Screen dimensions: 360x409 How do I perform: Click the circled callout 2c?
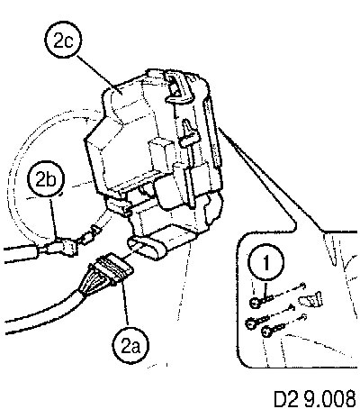(x=63, y=41)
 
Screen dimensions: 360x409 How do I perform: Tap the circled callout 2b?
(x=46, y=181)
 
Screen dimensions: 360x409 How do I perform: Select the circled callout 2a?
(x=131, y=347)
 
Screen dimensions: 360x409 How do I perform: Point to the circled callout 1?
(x=266, y=264)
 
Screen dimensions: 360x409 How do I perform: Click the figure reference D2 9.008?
(x=315, y=399)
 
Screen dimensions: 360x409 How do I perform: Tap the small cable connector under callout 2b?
(x=61, y=247)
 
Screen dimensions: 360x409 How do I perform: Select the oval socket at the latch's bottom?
(x=148, y=247)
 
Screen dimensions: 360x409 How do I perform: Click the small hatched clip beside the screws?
(x=311, y=299)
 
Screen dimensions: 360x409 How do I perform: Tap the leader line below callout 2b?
(x=53, y=218)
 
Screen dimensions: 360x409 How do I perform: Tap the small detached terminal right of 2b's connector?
(x=91, y=236)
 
